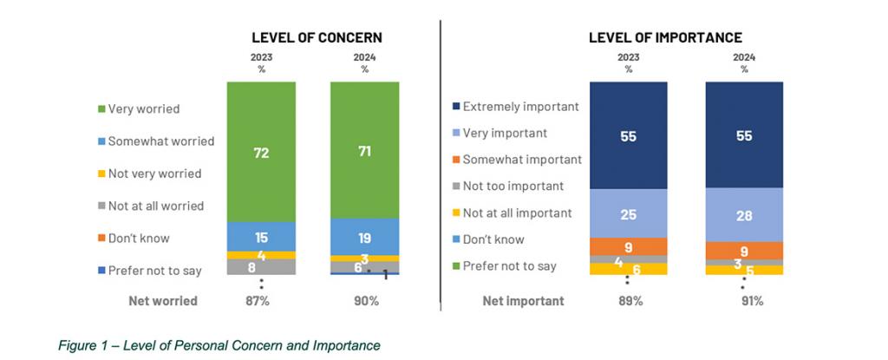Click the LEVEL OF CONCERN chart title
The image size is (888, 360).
point(317,37)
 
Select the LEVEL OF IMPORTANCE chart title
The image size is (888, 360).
point(665,37)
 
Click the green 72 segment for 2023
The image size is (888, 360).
point(261,153)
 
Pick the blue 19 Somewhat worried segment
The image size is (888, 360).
point(365,236)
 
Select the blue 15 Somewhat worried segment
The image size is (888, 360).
point(261,236)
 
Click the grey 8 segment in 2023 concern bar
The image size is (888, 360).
point(261,267)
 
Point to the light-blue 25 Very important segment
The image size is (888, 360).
point(629,213)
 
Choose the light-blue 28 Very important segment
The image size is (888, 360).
point(744,215)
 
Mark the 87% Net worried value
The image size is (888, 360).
point(261,301)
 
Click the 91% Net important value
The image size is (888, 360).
point(744,301)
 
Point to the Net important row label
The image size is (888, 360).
point(523,301)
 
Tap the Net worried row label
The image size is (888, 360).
point(162,301)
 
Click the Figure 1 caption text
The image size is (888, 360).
point(219,345)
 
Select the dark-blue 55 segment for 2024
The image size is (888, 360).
point(744,136)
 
